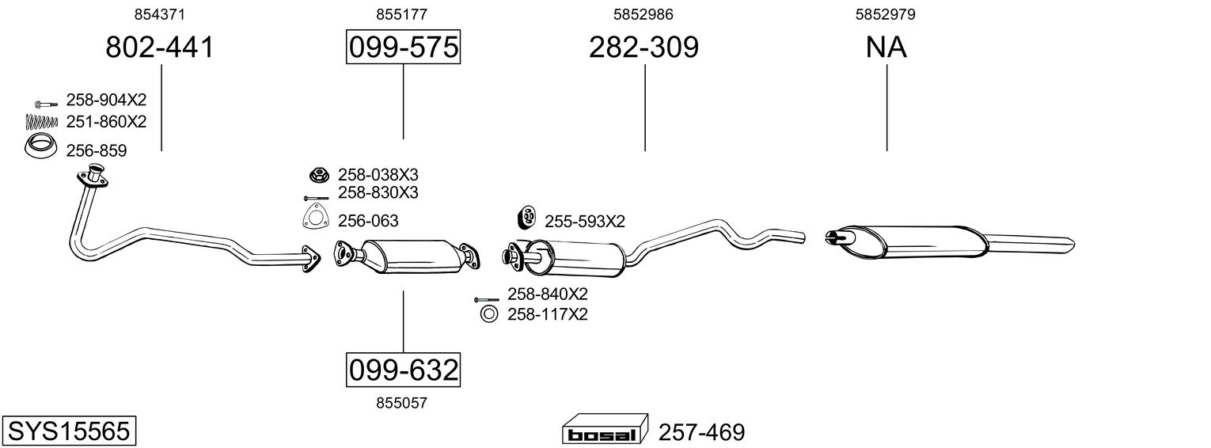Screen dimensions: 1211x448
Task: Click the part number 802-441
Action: [159, 47]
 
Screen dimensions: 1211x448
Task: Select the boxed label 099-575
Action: [404, 47]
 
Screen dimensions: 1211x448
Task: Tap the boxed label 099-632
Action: [404, 370]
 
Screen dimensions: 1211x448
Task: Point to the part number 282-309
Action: [643, 47]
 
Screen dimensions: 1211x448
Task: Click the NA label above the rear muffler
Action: [886, 47]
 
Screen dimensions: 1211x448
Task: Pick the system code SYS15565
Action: [69, 431]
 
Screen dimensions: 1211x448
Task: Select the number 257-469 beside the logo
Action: [701, 432]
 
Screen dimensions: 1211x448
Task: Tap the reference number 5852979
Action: [886, 14]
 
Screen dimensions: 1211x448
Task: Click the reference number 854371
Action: [159, 14]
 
